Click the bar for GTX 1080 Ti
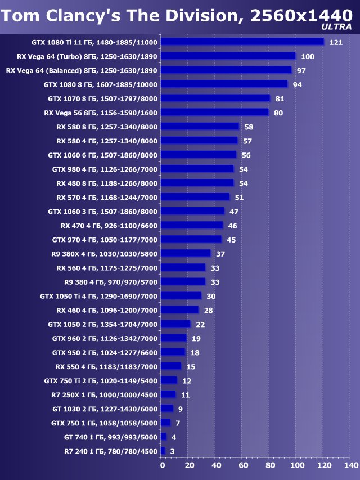(242, 42)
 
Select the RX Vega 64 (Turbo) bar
(228, 56)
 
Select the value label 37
(220, 254)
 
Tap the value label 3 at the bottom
(172, 451)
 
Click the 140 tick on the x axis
(351, 466)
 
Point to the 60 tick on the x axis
(243, 466)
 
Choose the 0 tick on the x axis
(163, 466)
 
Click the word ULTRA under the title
(337, 26)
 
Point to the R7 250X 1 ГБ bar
(168, 394)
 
